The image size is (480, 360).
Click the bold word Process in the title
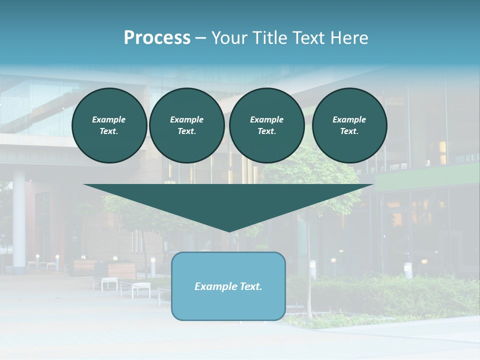click(157, 38)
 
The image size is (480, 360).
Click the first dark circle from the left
click(109, 125)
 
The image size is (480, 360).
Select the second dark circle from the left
click(186, 125)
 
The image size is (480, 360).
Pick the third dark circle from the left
click(266, 125)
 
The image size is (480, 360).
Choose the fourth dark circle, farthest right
click(349, 125)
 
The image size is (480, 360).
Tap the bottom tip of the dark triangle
click(229, 230)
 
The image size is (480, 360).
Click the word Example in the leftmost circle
click(109, 120)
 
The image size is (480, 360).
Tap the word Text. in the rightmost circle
click(349, 131)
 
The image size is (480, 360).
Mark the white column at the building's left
click(19, 220)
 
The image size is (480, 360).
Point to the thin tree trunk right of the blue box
click(309, 280)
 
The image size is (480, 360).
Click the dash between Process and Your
click(201, 38)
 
